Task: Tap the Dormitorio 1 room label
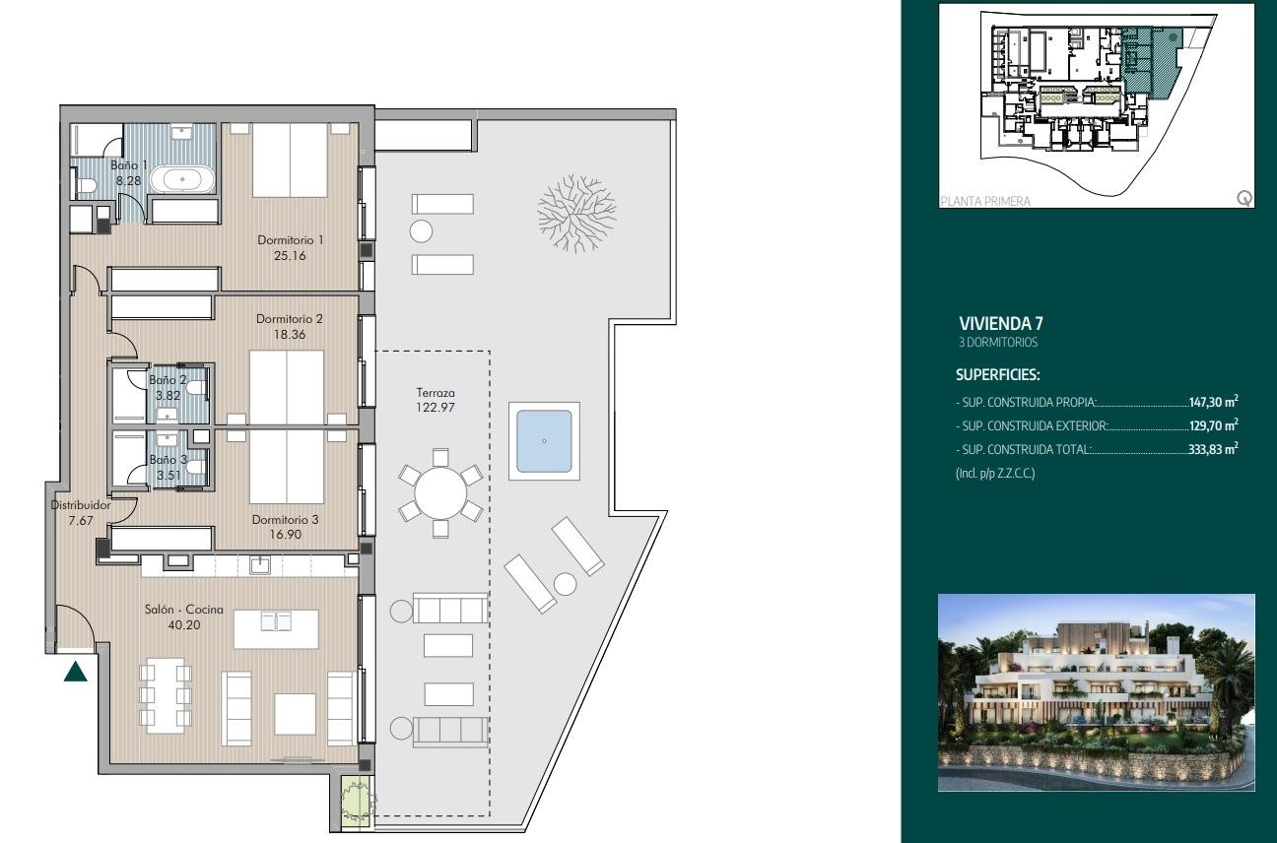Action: tap(290, 239)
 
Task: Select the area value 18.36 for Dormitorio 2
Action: tap(290, 335)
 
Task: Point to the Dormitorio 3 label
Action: tap(284, 519)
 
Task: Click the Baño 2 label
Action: tap(167, 380)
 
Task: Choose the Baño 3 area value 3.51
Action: tap(167, 474)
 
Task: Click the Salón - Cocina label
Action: tap(184, 610)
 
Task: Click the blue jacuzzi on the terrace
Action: tap(544, 441)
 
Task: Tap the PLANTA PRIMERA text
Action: tap(985, 201)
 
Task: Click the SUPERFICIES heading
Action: tap(997, 375)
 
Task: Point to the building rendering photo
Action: tap(1097, 692)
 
